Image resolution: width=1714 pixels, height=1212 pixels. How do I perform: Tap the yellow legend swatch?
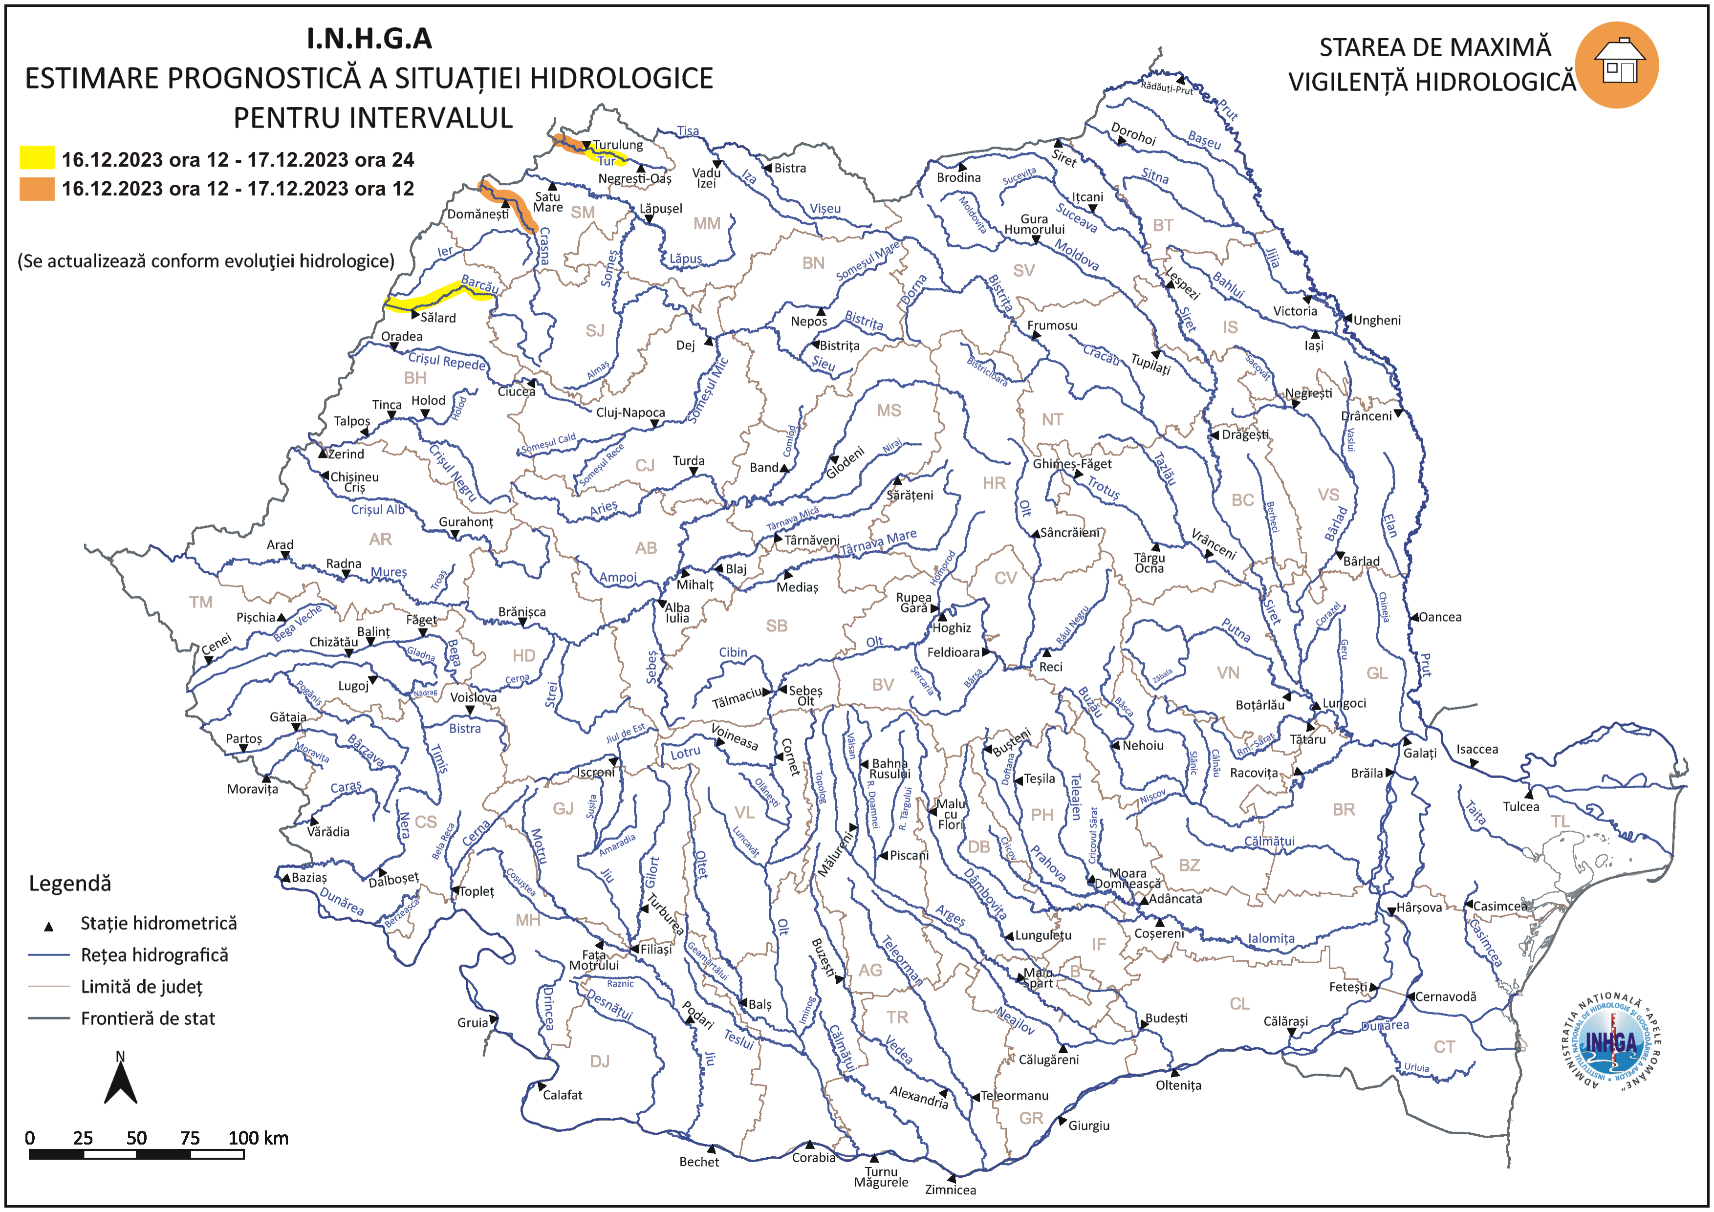[x=37, y=158]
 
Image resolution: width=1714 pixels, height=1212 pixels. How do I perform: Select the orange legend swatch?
[x=37, y=188]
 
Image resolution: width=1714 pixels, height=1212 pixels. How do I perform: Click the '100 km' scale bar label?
[x=258, y=1138]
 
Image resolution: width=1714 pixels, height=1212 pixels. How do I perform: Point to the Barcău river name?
[x=479, y=284]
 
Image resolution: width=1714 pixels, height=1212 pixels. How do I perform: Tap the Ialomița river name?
[x=1271, y=939]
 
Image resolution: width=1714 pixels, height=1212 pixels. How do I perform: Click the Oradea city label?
[x=402, y=337]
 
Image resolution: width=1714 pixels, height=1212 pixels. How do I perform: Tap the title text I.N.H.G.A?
[x=369, y=39]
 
